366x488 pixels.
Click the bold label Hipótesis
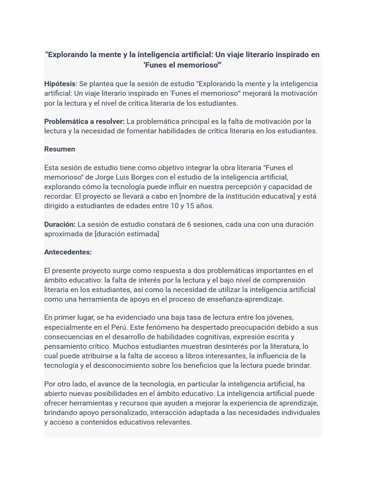(60, 84)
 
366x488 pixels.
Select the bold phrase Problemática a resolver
(84, 122)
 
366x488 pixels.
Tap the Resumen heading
(60, 149)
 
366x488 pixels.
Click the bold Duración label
(60, 224)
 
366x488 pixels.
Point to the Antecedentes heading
(68, 252)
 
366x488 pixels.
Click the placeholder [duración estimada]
(127, 234)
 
